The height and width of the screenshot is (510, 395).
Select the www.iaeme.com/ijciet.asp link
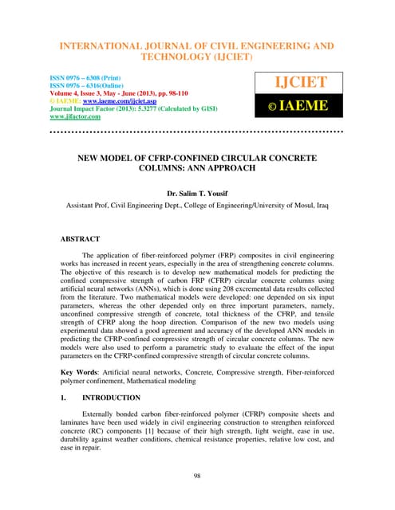[109, 102]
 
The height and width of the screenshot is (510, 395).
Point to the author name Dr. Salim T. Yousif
[196, 193]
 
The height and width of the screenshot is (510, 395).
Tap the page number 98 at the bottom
[197, 476]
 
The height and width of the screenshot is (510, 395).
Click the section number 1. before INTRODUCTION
[64, 398]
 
